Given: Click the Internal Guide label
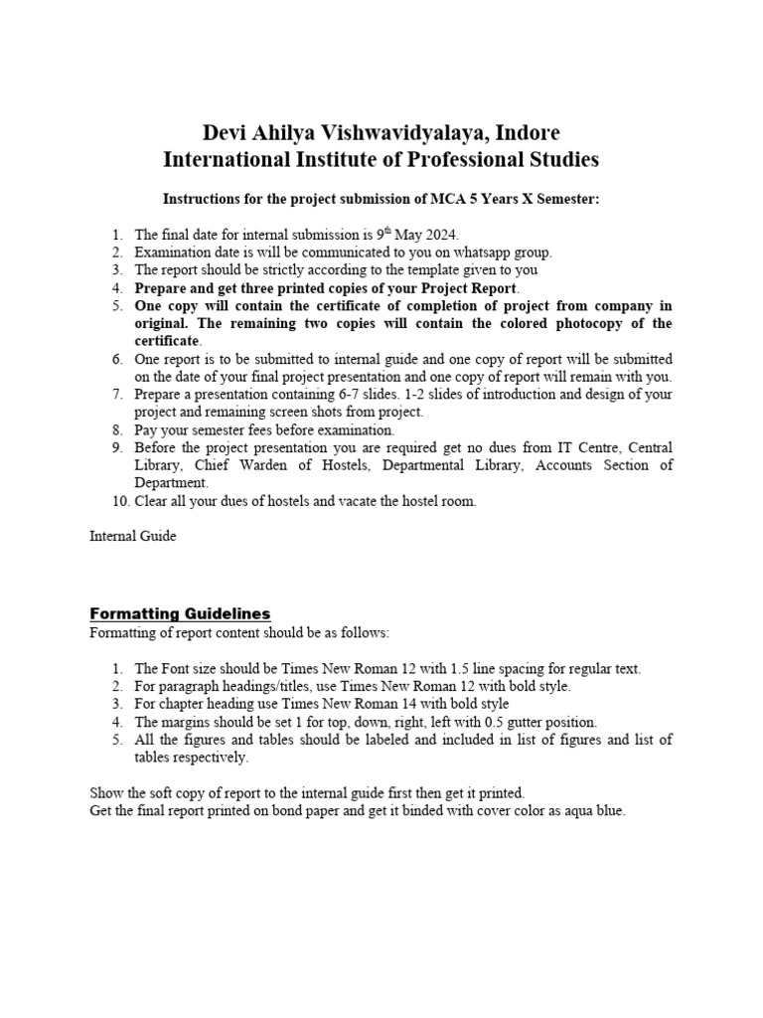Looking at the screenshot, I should coord(133,536).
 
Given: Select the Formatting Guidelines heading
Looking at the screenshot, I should coord(180,613).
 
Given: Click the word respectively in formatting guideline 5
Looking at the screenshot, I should coord(213,758).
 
